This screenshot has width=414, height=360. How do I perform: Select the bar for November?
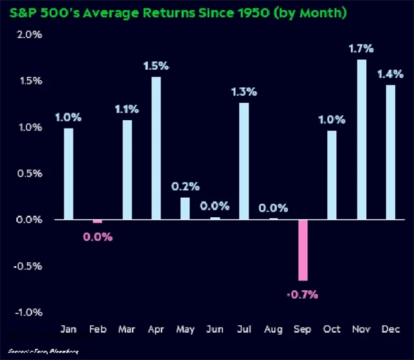coord(362,140)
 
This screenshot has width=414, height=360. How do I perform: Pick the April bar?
coord(156,148)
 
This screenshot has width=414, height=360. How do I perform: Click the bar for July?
coord(244,161)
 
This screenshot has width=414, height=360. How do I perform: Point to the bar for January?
coord(69,174)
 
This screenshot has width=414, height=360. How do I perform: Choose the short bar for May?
coord(185,208)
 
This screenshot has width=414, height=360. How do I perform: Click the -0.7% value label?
coord(303,295)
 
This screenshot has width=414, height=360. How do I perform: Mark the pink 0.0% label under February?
coord(97,237)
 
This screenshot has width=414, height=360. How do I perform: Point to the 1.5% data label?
coord(156,65)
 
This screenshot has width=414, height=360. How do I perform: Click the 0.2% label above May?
coord(185,186)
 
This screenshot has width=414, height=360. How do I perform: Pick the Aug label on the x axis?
coord(273,329)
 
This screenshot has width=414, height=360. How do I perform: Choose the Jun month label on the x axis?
coord(215,329)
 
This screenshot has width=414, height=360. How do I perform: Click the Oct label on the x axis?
coord(332,329)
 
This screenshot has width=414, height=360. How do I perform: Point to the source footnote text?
coord(42,352)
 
